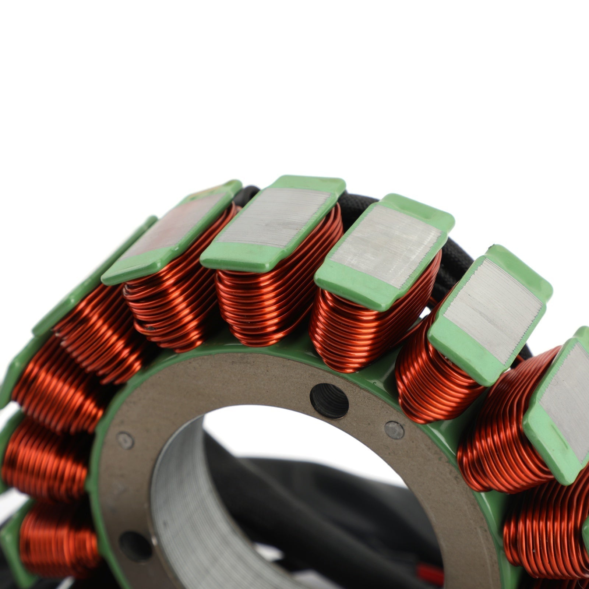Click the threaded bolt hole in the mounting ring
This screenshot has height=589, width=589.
(x=329, y=401)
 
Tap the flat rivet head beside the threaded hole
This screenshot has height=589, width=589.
(x=394, y=430)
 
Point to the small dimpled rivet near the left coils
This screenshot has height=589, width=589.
(x=125, y=440)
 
